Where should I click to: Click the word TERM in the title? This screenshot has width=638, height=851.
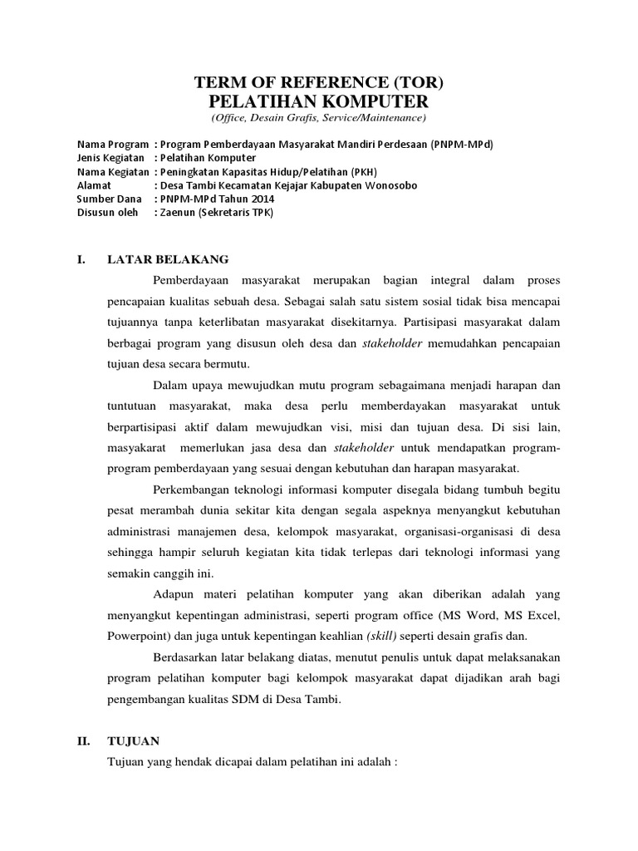click(x=217, y=82)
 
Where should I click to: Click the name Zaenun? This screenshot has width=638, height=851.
click(x=175, y=213)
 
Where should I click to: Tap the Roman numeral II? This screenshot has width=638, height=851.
click(x=83, y=740)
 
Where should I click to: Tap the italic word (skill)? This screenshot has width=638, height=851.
click(x=382, y=637)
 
